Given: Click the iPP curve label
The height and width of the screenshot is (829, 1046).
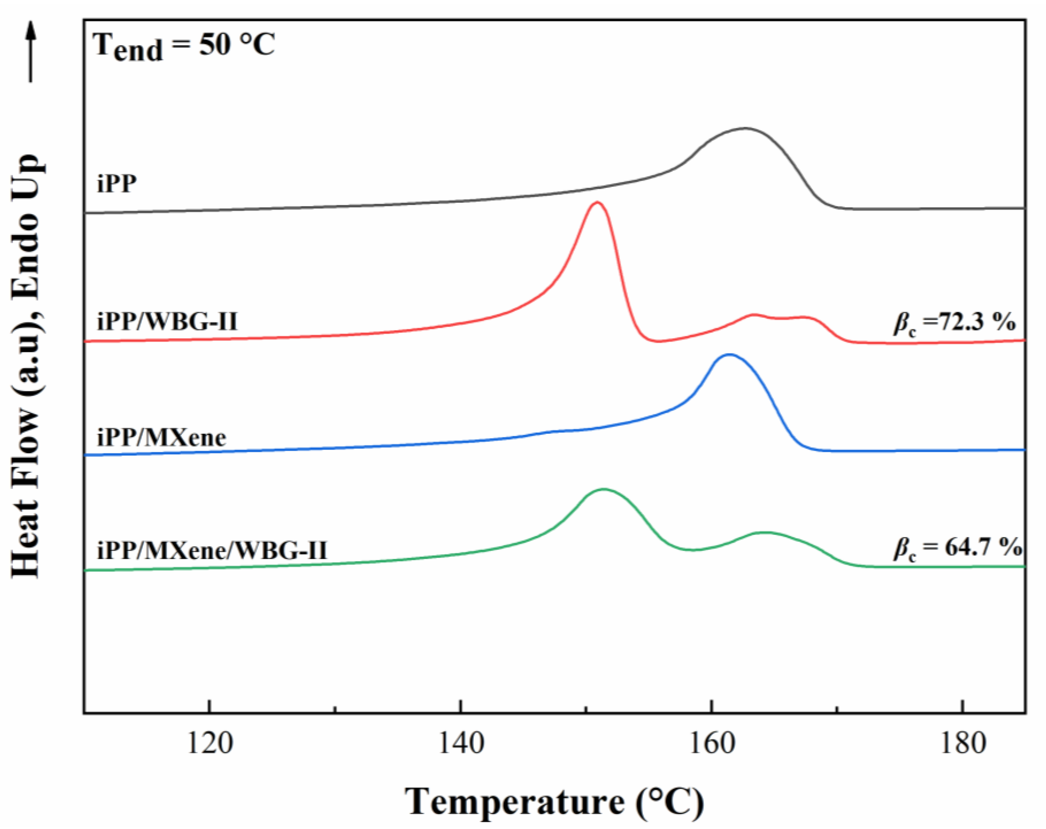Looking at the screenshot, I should [116, 183].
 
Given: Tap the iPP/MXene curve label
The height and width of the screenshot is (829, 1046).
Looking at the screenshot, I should [162, 438].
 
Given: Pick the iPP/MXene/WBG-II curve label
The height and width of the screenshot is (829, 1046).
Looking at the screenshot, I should [212, 550].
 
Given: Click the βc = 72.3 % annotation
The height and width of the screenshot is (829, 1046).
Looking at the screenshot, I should [954, 322].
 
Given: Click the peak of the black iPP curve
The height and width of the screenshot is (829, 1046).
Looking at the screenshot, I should [745, 128].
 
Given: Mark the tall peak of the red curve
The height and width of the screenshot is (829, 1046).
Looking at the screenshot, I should [597, 202].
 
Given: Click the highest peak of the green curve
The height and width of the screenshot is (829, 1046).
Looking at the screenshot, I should [604, 489].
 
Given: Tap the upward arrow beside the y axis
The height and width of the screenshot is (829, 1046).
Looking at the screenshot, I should [31, 51].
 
